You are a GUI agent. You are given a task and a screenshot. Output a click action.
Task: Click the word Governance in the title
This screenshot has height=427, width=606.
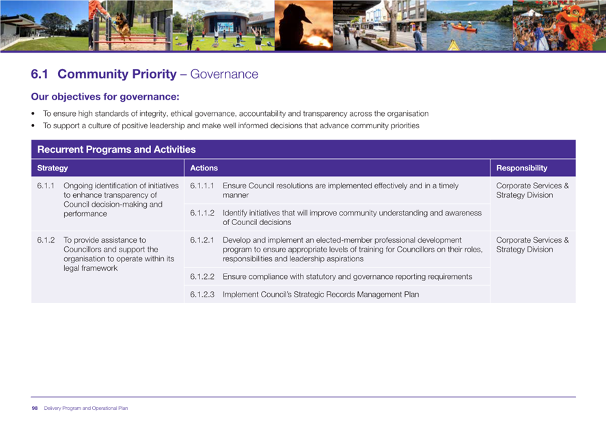(224, 74)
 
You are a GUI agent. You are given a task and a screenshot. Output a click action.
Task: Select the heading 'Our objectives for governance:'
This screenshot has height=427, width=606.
(105, 96)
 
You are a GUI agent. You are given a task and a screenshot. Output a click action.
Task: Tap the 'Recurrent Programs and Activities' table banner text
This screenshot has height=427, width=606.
(116, 149)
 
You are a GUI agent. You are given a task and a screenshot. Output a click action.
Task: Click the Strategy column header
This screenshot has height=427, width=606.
(53, 168)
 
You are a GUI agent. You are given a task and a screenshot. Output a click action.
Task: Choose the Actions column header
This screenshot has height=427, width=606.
(204, 168)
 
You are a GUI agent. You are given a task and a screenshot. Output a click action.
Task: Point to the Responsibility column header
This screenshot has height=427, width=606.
(522, 168)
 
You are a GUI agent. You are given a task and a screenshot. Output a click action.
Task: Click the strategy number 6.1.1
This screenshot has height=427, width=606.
(46, 186)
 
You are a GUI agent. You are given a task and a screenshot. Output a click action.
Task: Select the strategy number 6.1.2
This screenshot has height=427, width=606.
(46, 240)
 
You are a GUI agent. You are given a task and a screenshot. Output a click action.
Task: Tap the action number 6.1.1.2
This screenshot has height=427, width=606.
(202, 213)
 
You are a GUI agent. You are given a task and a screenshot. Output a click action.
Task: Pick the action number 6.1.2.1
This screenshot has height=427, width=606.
(202, 240)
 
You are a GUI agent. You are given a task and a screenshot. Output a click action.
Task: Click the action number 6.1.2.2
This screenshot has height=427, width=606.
(202, 277)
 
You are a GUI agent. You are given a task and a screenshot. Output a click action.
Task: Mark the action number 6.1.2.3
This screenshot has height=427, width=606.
(202, 295)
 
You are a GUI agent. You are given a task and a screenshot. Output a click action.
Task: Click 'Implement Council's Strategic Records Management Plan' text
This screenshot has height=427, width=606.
(321, 295)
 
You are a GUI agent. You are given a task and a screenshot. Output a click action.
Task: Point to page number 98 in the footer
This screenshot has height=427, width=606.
(35, 408)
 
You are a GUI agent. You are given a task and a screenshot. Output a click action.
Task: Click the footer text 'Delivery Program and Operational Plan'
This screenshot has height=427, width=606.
(86, 408)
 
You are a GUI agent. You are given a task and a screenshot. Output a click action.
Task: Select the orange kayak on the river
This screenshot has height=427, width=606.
(464, 27)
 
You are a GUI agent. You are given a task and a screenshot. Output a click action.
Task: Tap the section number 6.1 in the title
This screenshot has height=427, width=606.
(40, 74)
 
